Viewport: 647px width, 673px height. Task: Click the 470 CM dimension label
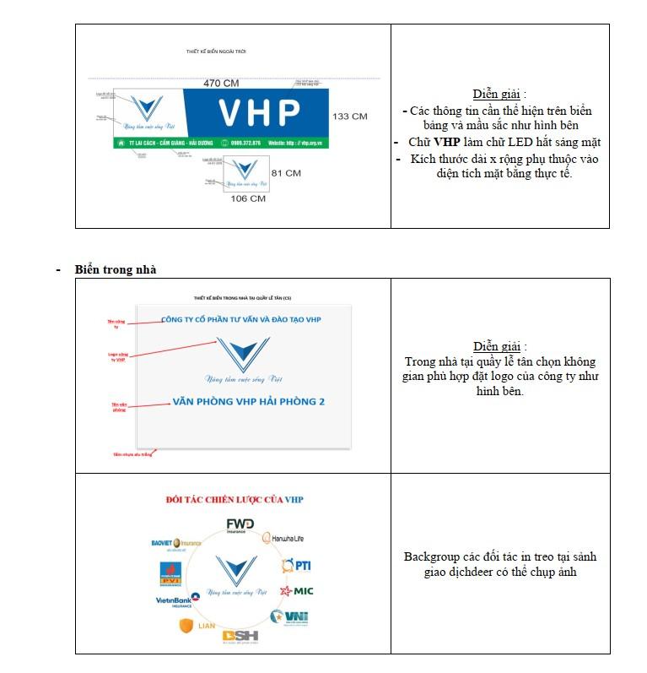[220, 83]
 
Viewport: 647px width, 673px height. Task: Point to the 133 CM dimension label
[349, 116]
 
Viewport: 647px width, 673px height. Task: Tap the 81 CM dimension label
[286, 173]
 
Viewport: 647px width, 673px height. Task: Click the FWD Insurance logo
[240, 527]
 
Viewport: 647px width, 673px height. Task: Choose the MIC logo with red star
[297, 591]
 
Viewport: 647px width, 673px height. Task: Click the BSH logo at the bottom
[240, 636]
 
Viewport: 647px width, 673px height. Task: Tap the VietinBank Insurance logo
[178, 600]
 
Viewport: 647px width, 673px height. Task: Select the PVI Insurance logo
[171, 572]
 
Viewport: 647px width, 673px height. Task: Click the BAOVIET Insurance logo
[176, 542]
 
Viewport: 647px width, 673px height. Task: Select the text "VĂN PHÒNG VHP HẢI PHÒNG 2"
[248, 402]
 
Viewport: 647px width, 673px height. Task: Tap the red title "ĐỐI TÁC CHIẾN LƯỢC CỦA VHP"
[235, 499]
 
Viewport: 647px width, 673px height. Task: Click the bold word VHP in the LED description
[446, 142]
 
